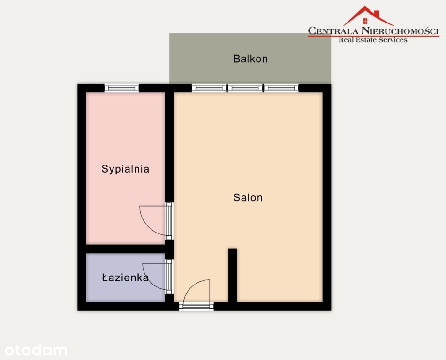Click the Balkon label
(250, 59)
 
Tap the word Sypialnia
(125, 169)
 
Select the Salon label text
(248, 197)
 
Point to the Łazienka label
(125, 277)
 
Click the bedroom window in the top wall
(121, 88)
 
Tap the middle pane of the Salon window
(245, 88)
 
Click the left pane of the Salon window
(209, 88)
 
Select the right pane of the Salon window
(281, 88)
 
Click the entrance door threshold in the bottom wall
(196, 306)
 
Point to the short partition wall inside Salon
(233, 275)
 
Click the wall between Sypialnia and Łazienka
(125, 249)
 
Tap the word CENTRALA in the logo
(333, 31)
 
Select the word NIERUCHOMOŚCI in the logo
(400, 31)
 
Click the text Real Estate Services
(373, 40)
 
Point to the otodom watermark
(36, 350)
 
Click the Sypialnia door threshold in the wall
(169, 221)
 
